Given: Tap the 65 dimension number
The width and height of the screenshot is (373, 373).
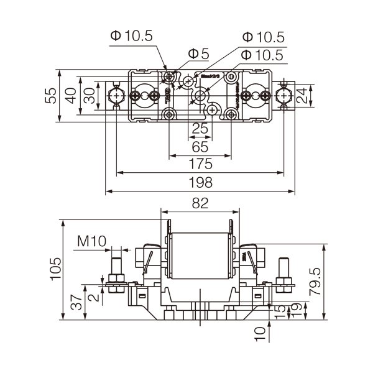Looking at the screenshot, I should pos(199,147).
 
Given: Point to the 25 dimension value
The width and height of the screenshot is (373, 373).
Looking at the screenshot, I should pos(199,129).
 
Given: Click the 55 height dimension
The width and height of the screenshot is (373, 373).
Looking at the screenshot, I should pos(52,94).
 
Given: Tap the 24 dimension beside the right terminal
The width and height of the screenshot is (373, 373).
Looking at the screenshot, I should pos(302,95).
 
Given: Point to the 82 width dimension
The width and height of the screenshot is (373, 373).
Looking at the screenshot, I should pos(199,203).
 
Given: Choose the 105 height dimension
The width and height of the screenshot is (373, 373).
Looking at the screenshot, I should pos(55,269).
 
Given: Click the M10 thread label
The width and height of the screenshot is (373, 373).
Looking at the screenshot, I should pos(92,241).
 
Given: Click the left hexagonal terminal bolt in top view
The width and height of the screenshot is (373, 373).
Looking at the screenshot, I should pos(116,95).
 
